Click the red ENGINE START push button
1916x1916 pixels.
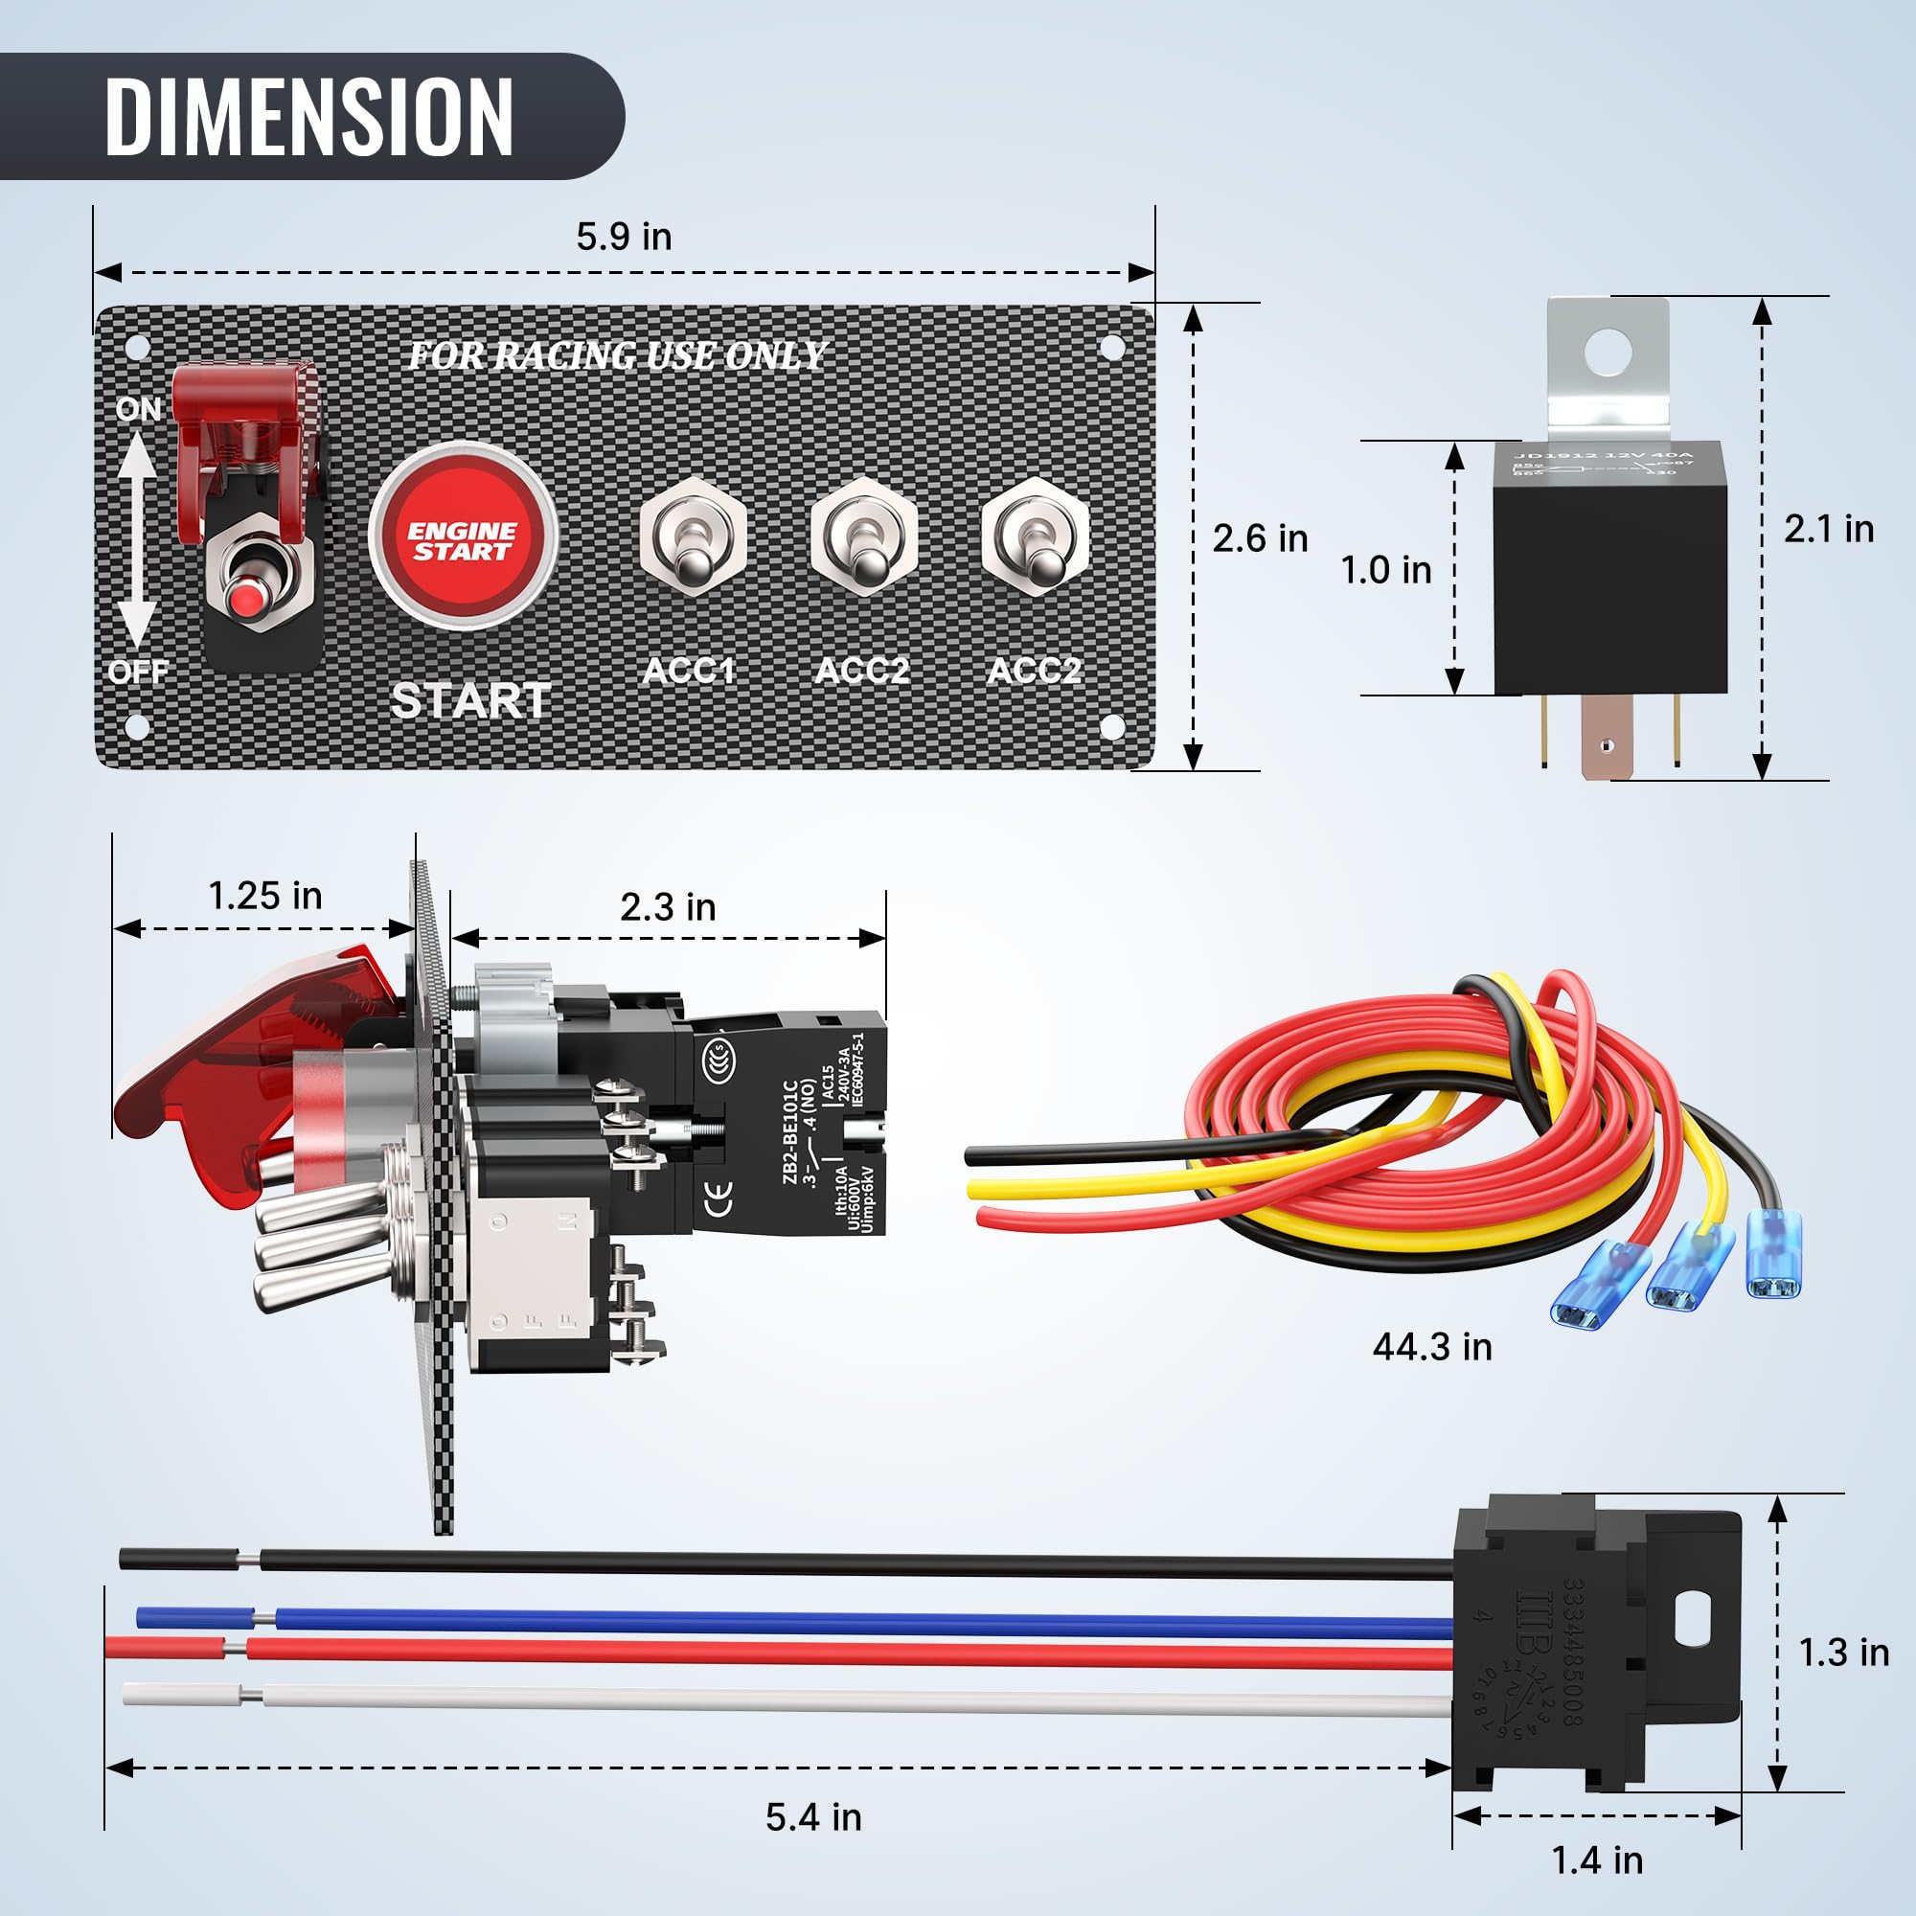(x=462, y=536)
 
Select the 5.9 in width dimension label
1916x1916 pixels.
(x=624, y=237)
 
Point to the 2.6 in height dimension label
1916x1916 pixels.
(x=1260, y=538)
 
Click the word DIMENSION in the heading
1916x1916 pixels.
(x=308, y=117)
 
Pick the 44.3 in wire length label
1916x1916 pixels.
(x=1432, y=1347)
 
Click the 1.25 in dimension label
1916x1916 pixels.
(x=264, y=896)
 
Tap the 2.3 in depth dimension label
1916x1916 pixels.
(x=668, y=906)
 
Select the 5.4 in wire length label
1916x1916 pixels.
(x=813, y=1816)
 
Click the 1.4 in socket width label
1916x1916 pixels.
(x=1597, y=1860)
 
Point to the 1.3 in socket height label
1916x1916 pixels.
(x=1842, y=1653)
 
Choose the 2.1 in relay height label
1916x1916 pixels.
(x=1829, y=529)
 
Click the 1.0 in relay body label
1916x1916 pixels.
(x=1385, y=570)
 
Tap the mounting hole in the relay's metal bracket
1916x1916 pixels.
(x=1608, y=351)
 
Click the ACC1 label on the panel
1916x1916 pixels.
(x=689, y=671)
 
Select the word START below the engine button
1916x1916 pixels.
(x=471, y=701)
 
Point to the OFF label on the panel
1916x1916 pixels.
(x=138, y=673)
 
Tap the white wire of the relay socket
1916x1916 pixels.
(x=793, y=1699)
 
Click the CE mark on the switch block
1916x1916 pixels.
(x=722, y=1198)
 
